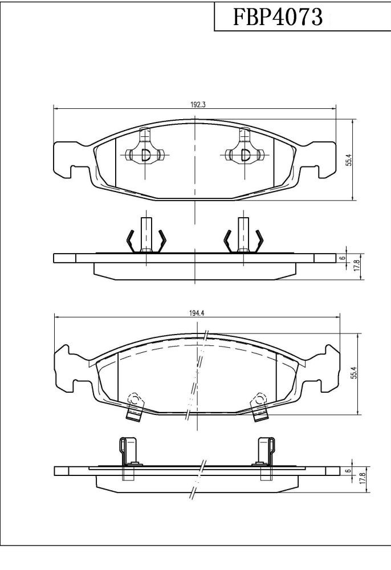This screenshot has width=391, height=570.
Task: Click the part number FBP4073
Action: point(278,17)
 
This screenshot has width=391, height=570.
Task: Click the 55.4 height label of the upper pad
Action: point(349,160)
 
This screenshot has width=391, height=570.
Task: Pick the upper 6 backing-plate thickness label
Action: point(342,258)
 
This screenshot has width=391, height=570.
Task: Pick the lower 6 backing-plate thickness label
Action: point(348,471)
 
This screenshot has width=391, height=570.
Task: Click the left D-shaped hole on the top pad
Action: point(145,155)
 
